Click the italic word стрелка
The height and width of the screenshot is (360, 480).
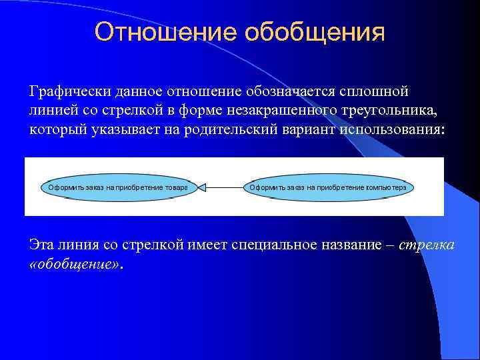click(427, 245)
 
